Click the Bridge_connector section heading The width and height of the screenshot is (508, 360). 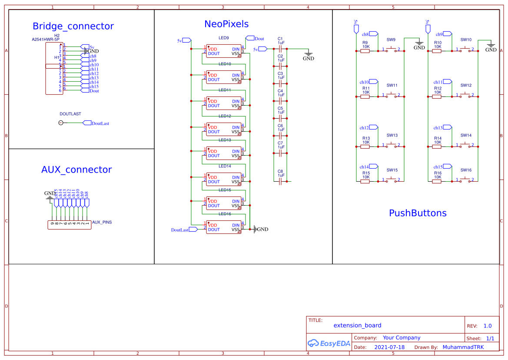73,26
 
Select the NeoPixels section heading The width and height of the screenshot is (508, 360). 226,24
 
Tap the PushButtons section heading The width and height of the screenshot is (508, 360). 417,213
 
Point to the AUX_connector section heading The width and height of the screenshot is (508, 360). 76,170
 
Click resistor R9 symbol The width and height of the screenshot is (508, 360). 365,51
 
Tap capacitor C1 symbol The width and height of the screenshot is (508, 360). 280,49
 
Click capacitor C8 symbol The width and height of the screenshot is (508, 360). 280,181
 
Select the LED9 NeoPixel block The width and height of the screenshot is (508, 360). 224,51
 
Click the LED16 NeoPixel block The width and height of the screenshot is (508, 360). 224,227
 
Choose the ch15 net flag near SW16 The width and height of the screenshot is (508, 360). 440,167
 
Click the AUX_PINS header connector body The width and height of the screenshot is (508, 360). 69,225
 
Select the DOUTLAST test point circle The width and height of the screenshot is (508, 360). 60,123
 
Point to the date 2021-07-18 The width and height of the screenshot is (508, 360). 389,347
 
